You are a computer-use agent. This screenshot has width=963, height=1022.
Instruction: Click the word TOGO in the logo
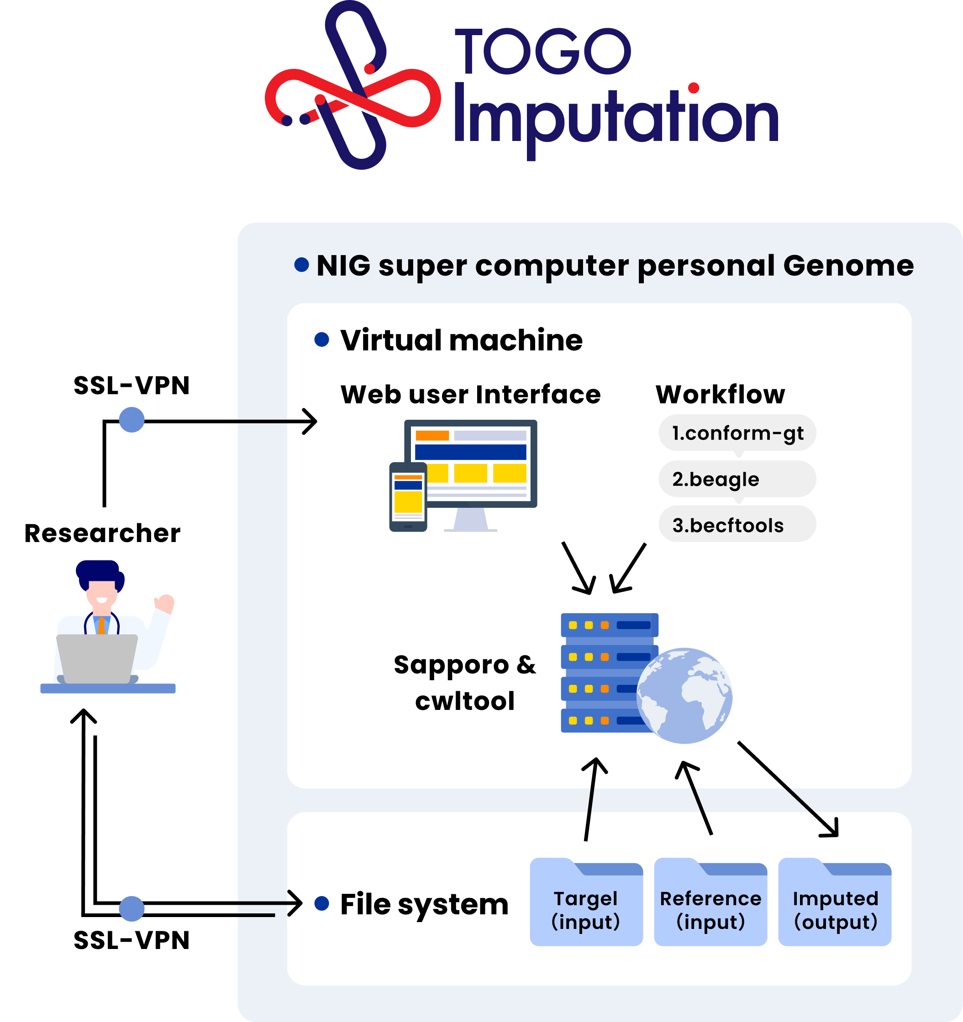coord(543,52)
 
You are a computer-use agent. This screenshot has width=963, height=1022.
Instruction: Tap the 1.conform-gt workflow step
coord(737,433)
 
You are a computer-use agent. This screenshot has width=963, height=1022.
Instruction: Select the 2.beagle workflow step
coord(737,479)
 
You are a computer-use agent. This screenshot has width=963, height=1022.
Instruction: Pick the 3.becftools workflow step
coord(737,525)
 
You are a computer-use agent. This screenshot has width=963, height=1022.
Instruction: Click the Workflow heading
coord(720,395)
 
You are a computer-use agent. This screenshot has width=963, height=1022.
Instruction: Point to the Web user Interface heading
coord(470,395)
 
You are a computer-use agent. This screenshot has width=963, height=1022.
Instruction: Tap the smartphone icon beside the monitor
coord(408,496)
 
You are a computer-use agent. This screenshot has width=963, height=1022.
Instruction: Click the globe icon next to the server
coord(684,695)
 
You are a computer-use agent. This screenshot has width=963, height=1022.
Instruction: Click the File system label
coord(424,905)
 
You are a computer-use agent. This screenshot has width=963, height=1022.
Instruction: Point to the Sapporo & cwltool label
coord(464,683)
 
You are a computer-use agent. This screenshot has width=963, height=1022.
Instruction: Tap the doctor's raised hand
coord(165,603)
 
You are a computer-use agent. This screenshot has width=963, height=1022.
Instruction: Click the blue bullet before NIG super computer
coord(301,265)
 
